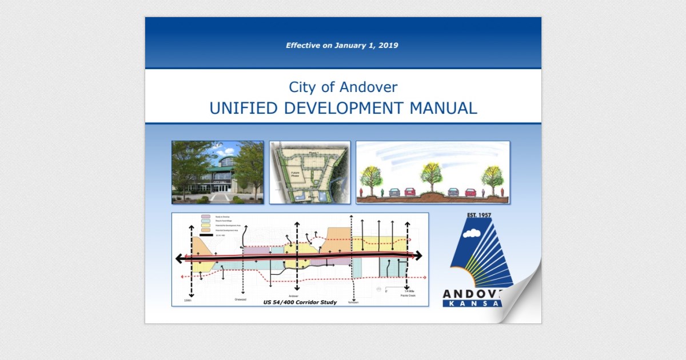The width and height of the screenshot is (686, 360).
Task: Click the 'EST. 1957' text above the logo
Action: pos(479,215)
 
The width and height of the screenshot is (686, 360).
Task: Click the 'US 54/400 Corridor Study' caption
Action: pos(300,302)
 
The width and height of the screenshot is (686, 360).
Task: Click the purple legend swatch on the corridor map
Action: pos(205,217)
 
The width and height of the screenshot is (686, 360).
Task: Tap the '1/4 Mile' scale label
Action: pos(408,292)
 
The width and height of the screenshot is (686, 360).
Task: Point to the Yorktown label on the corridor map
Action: pos(353,302)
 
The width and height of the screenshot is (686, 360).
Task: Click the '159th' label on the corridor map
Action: pos(188,300)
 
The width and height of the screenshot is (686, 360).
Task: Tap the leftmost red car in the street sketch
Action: pos(409,192)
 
